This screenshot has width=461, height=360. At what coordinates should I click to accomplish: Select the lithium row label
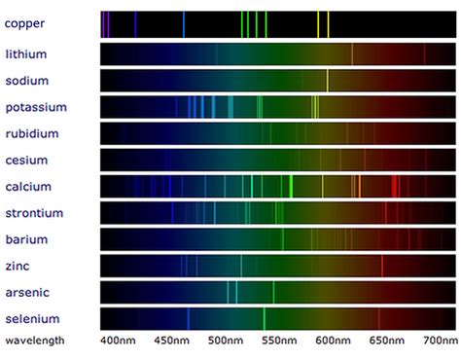25,54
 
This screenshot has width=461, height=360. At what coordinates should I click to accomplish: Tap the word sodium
27,81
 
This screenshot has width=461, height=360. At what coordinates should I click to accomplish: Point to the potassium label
34,107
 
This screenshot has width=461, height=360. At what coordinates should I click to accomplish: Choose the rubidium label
32,133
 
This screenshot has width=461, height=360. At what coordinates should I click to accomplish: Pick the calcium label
28,186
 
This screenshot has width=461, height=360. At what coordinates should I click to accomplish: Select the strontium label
34,212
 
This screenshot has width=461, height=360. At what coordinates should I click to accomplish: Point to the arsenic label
27,291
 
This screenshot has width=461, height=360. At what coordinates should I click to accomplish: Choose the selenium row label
32,318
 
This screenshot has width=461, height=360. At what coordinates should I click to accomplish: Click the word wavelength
35,341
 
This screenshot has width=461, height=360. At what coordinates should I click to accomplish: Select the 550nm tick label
278,342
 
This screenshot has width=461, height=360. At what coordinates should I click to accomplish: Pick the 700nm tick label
438,342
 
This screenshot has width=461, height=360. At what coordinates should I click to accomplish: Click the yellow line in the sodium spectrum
328,80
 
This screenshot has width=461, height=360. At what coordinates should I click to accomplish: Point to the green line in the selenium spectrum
264,318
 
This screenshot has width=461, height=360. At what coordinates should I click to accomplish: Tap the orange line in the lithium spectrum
352,54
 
